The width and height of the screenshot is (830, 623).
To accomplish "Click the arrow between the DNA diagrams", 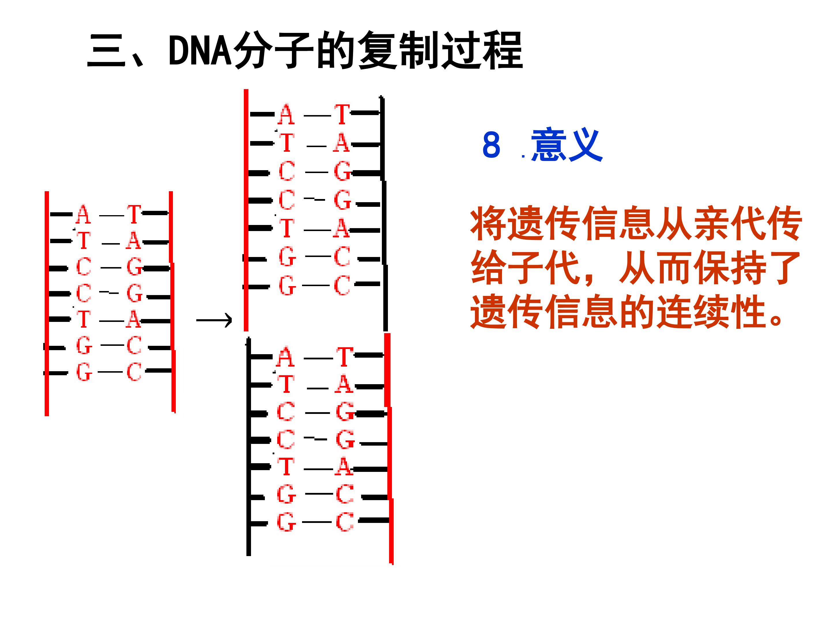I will point(214,320).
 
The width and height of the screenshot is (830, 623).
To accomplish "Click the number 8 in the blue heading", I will point(491,145).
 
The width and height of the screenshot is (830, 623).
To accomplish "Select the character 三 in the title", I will point(106,51).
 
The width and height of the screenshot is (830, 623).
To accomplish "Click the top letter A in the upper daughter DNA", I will point(286,114).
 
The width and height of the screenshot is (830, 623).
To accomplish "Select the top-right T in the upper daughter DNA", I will point(342,114).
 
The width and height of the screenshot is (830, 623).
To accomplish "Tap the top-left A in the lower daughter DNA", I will point(285,357).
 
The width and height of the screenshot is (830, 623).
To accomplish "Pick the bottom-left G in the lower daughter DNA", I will point(286,522).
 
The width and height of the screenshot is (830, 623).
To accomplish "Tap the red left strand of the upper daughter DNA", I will point(246,210).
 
